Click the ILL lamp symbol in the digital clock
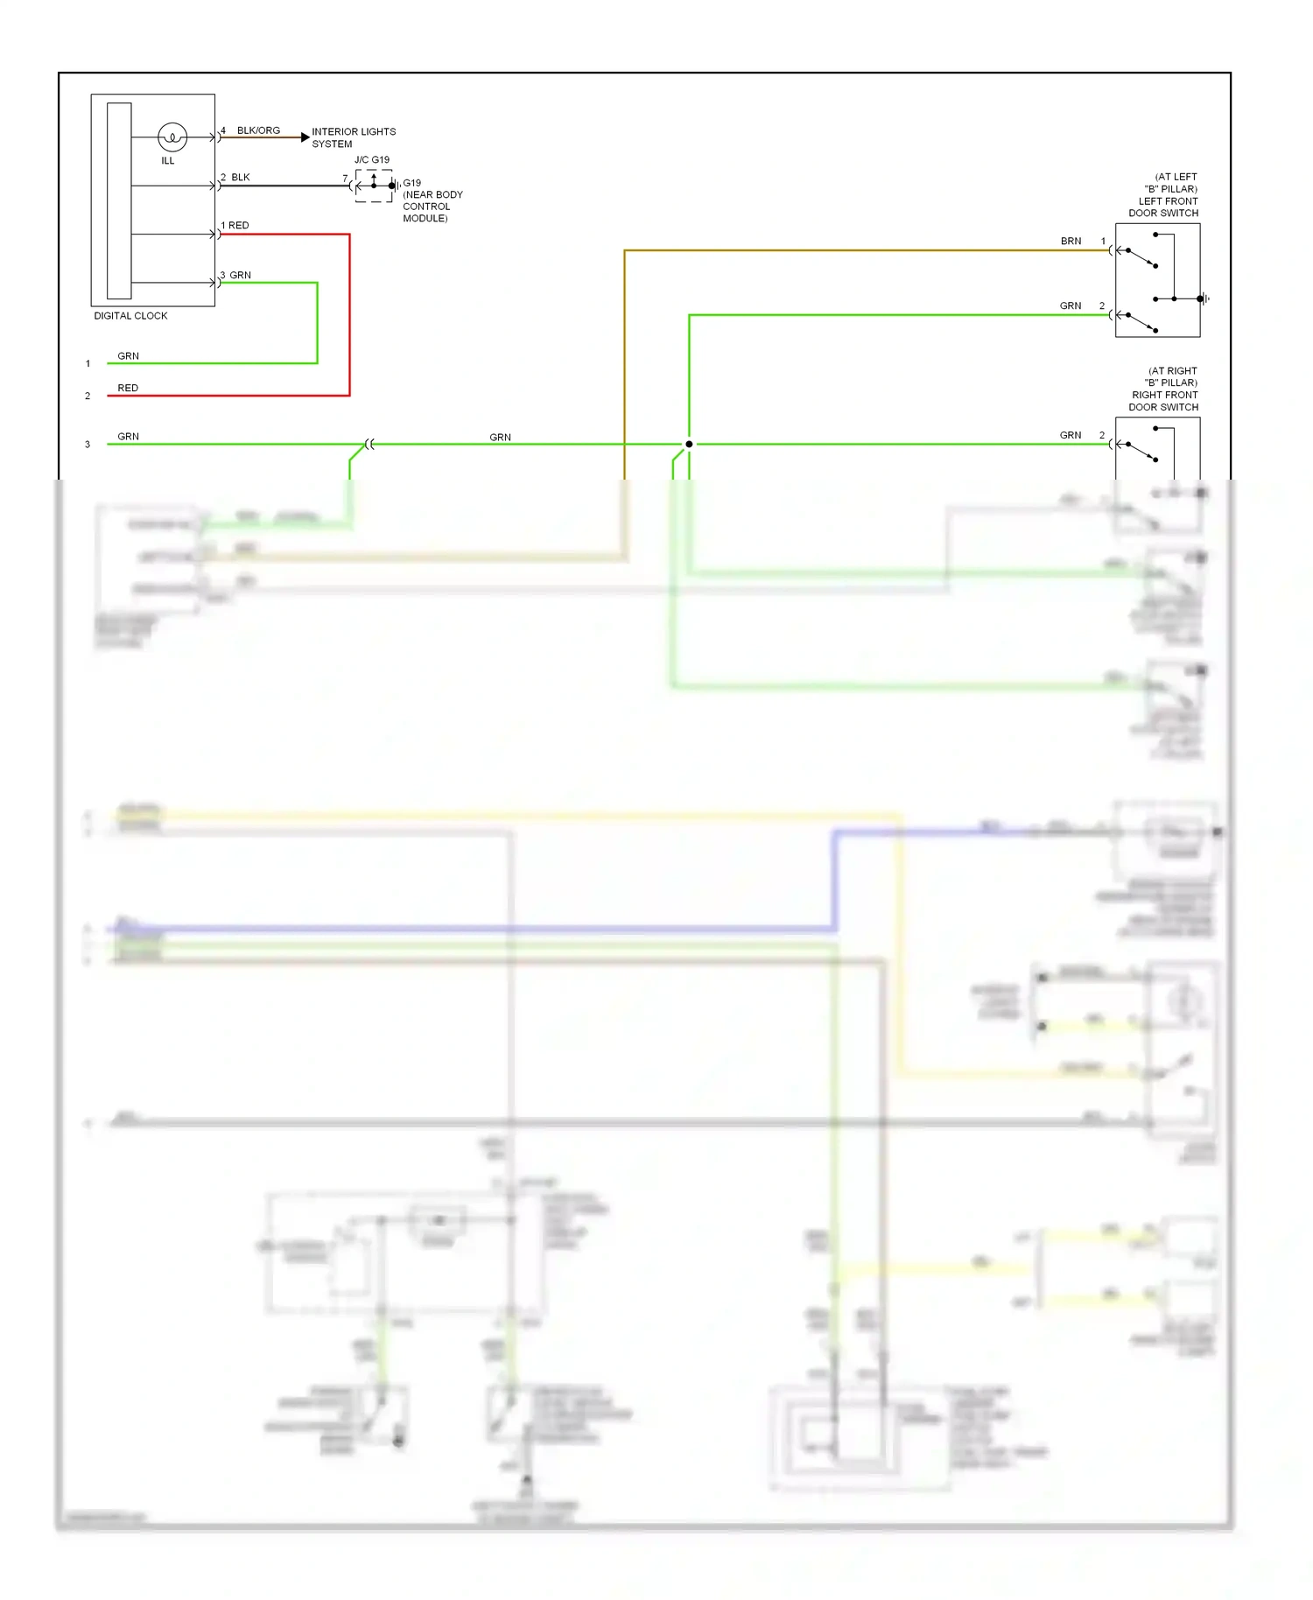(x=172, y=137)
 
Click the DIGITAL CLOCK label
(x=130, y=316)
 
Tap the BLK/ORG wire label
(x=258, y=130)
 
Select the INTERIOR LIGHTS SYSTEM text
(x=354, y=137)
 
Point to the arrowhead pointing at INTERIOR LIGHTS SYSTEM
(x=305, y=137)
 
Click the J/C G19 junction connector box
(x=374, y=186)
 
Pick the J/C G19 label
(x=372, y=160)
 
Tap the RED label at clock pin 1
(x=238, y=226)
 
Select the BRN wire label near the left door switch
(x=1071, y=242)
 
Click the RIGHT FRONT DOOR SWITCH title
(x=1164, y=401)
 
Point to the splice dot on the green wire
(x=689, y=445)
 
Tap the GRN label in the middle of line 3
(x=500, y=438)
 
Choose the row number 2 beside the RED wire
(x=88, y=396)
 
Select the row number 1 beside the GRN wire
(x=88, y=364)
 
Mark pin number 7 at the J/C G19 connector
(x=345, y=179)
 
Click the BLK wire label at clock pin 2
(x=241, y=178)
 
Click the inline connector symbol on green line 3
(x=369, y=445)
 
